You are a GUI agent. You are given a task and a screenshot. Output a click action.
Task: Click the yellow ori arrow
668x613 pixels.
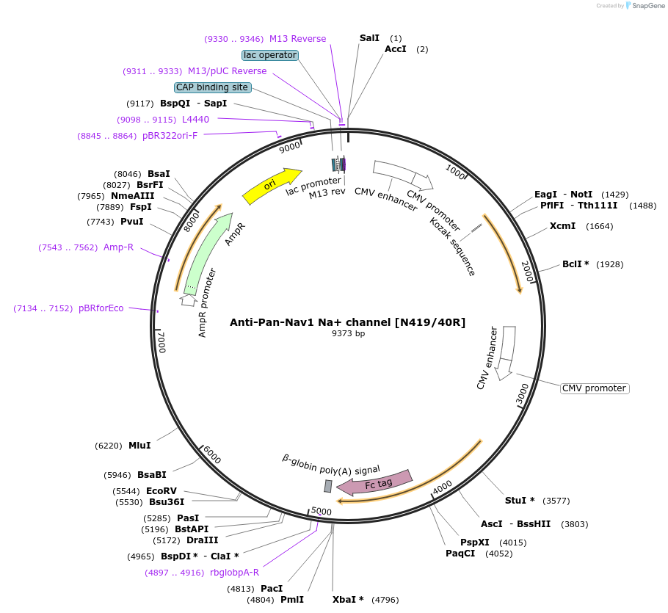click(x=272, y=186)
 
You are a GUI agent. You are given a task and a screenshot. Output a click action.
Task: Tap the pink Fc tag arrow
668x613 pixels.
click(x=374, y=482)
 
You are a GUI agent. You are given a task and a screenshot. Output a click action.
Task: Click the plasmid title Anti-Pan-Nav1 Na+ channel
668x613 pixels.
click(x=347, y=322)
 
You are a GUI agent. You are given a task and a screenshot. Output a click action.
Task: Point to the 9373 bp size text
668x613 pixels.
click(x=348, y=333)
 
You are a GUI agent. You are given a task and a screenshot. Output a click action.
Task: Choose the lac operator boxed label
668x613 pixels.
click(x=269, y=55)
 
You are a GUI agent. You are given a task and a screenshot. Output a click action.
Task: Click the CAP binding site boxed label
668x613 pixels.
click(x=212, y=87)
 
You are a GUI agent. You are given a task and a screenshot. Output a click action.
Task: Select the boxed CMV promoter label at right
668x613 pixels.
click(x=595, y=388)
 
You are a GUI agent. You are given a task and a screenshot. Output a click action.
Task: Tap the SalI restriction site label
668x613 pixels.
click(x=370, y=37)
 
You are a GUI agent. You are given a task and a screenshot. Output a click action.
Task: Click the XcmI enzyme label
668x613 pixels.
click(x=562, y=225)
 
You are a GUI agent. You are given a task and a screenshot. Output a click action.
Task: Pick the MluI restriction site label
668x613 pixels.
click(x=139, y=445)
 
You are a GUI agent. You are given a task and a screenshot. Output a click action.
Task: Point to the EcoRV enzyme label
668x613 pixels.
click(x=161, y=490)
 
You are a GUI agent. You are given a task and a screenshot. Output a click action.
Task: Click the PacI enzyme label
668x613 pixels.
click(x=272, y=588)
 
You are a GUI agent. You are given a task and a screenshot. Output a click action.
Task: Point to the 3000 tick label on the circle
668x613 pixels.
click(x=522, y=393)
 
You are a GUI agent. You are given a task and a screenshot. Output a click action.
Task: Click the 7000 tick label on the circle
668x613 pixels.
click(x=161, y=342)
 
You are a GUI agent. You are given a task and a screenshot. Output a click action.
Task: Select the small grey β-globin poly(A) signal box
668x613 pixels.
click(x=328, y=486)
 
